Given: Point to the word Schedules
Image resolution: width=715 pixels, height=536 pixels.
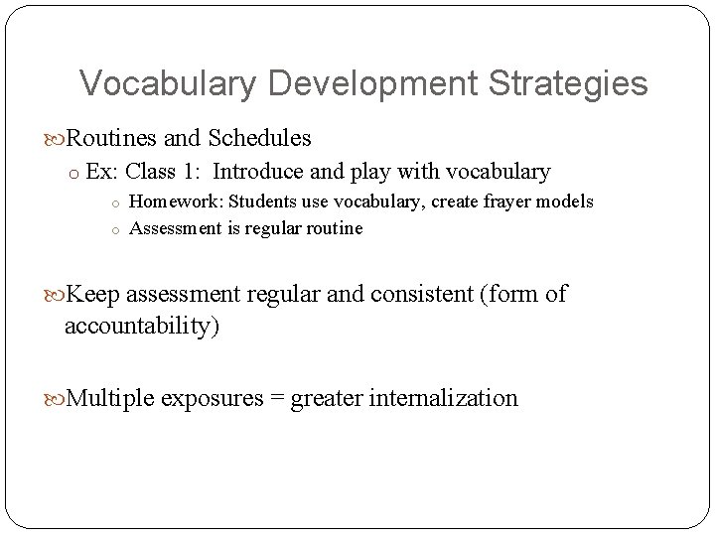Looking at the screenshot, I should pos(260,137).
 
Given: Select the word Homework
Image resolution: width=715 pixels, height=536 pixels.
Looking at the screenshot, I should pos(176,201).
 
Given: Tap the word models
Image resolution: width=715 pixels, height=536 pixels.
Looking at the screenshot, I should pos(567,201).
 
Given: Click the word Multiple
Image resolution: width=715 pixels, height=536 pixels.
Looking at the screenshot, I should pos(110,398).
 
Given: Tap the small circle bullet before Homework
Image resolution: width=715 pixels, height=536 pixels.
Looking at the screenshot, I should pos(115,202).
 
